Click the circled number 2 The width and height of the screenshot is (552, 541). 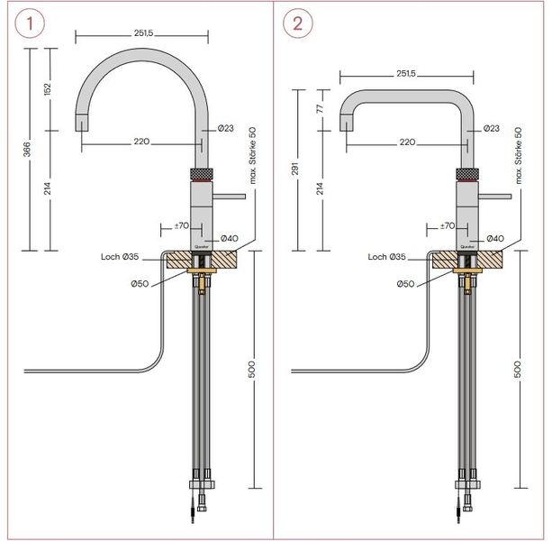coord(294,23)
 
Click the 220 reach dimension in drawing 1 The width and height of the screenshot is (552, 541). coord(141,142)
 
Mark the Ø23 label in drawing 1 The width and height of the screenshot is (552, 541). coord(227,129)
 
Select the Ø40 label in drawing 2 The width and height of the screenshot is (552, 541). coord(494,238)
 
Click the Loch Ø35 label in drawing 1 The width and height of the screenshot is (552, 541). coord(120,257)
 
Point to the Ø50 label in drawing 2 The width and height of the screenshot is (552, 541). coord(406,283)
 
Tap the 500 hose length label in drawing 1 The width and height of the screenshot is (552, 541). coord(252,370)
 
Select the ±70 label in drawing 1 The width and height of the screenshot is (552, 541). coord(181,225)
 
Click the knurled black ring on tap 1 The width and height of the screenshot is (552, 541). coord(200,173)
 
